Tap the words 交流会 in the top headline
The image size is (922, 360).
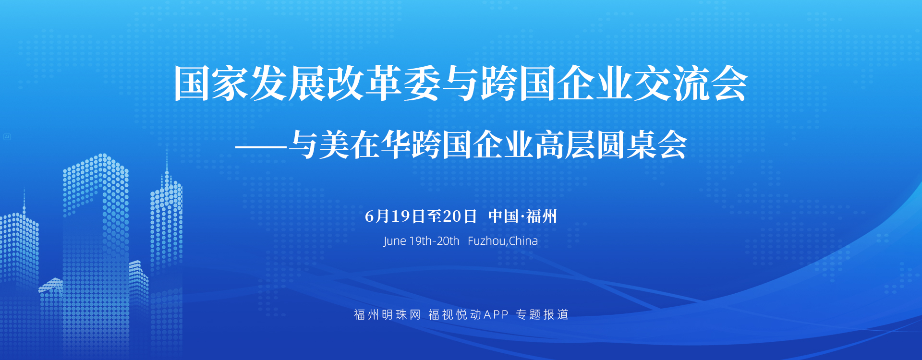tap(691, 84)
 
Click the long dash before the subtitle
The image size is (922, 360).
tap(262, 146)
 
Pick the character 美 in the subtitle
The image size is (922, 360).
tap(334, 145)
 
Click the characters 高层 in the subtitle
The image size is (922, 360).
tap(566, 145)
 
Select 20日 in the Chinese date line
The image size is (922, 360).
tap(460, 216)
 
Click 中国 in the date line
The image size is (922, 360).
tap(503, 216)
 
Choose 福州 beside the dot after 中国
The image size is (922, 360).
tap(542, 216)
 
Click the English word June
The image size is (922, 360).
tap(395, 241)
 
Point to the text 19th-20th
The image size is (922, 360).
tap(434, 240)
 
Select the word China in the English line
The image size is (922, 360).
tap(523, 240)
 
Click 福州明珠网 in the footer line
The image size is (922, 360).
tap(388, 314)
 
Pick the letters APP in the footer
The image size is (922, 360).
tap(496, 314)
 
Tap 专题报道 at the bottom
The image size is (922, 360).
tap(542, 314)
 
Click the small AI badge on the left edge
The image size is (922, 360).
tap(7, 137)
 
